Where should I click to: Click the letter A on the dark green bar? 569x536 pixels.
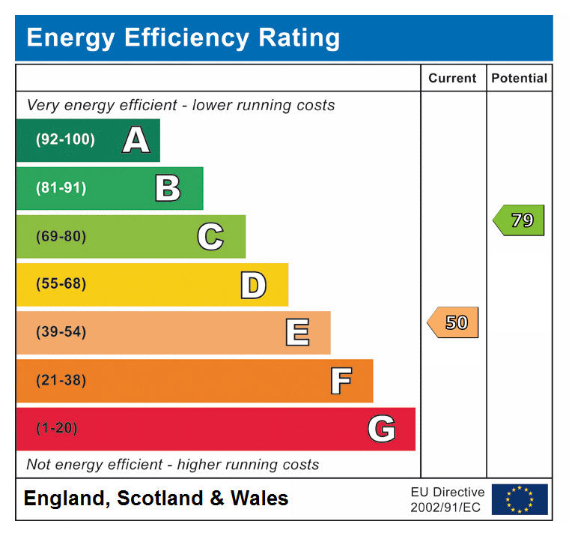[x=136, y=140]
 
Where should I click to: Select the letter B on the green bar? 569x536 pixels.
[x=168, y=188]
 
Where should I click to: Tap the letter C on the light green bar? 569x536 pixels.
[x=210, y=237]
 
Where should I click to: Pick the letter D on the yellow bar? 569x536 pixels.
[x=253, y=285]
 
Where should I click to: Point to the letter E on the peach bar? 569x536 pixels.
[x=297, y=333]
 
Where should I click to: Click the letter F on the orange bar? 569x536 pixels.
[x=341, y=381]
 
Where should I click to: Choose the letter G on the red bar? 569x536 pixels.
[x=381, y=429]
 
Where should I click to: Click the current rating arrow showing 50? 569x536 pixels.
[x=453, y=322]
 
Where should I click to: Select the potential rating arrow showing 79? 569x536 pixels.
[x=519, y=220]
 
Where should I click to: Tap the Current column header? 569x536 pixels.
[x=452, y=78]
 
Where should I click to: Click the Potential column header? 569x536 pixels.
[x=519, y=78]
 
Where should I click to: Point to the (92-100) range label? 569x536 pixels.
[x=66, y=139]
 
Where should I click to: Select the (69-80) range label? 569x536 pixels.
[x=61, y=236]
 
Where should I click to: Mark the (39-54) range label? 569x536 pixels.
[x=61, y=332]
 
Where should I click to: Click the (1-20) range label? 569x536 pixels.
[x=57, y=428]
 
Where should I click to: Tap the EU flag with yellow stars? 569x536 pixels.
[x=519, y=499]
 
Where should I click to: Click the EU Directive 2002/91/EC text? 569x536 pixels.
[x=447, y=499]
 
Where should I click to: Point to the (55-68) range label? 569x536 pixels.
[x=61, y=284]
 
